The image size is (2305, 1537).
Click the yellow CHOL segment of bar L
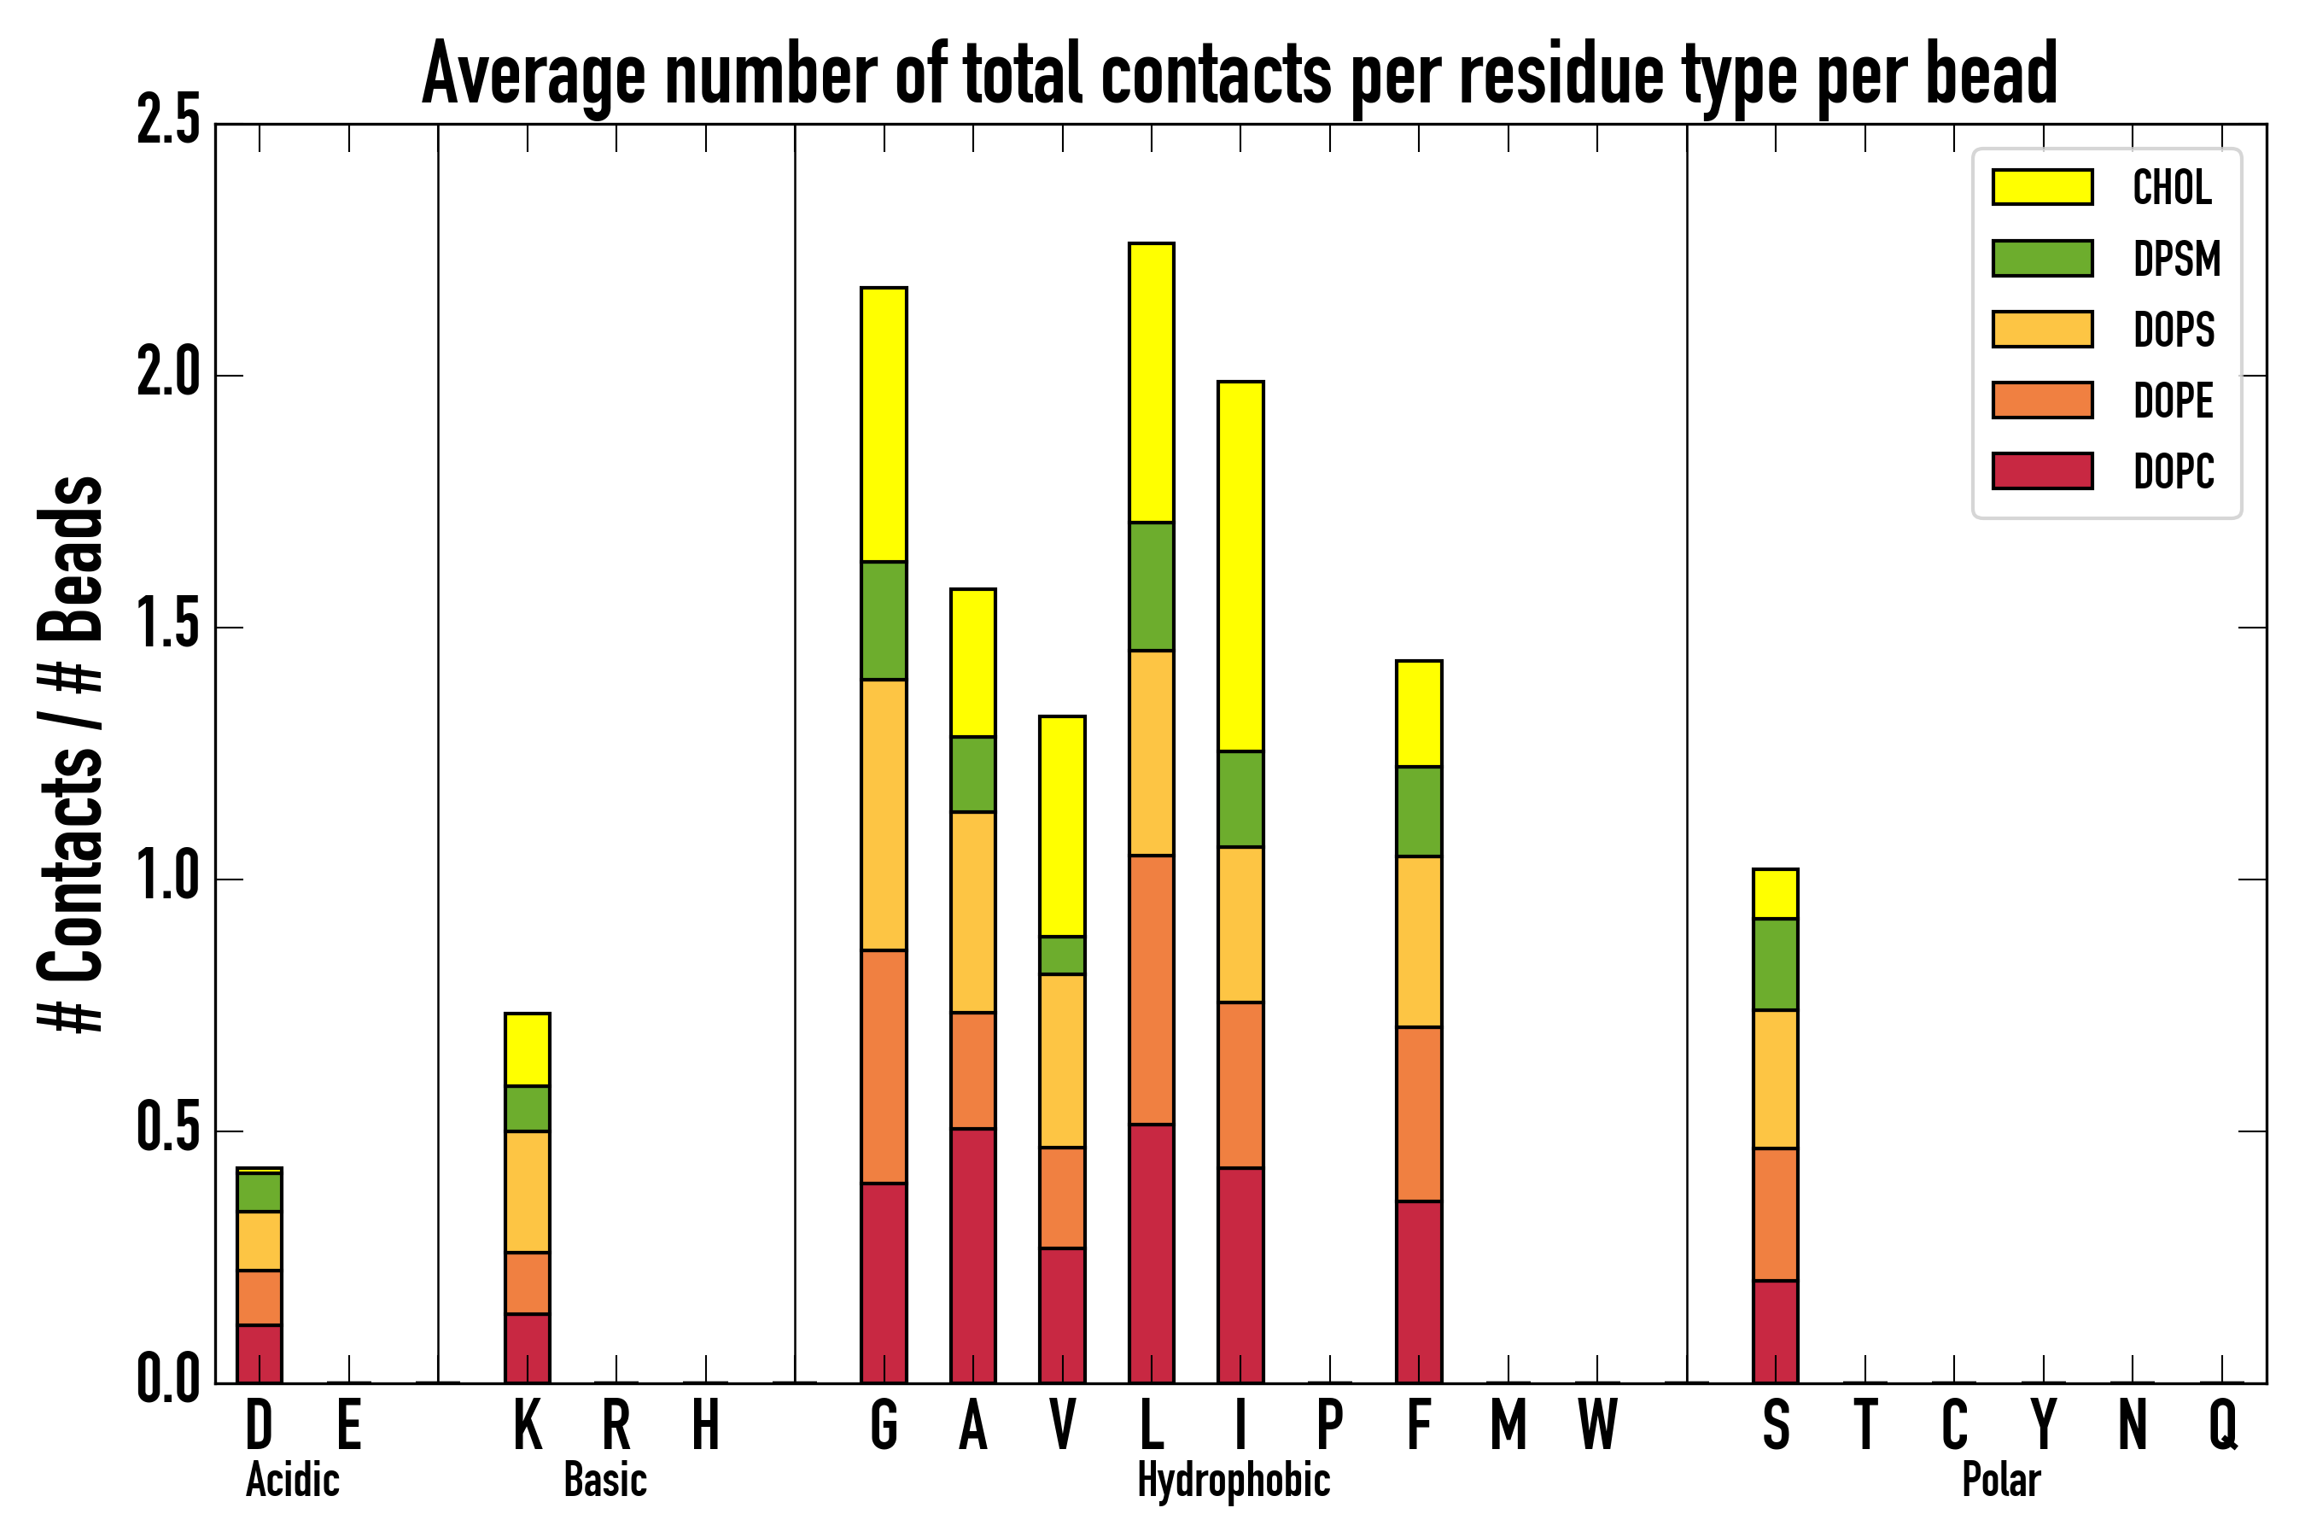[x=1152, y=383]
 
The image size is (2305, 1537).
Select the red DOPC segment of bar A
[x=973, y=1254]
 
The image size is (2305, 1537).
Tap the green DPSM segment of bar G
[x=884, y=621]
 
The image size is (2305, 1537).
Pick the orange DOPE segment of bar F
[x=1419, y=1113]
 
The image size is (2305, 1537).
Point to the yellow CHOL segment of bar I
[x=1240, y=567]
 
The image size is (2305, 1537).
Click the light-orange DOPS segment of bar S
[x=1776, y=1078]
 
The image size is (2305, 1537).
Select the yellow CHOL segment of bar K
[x=528, y=1049]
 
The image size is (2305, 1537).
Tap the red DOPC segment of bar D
[x=260, y=1353]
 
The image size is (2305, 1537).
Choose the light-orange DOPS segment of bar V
[x=1062, y=1061]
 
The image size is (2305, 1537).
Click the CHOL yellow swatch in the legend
[x=2042, y=187]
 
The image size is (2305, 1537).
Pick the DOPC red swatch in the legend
[x=2042, y=470]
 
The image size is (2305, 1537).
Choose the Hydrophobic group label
[x=1233, y=1480]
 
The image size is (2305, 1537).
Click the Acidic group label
[x=292, y=1480]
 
